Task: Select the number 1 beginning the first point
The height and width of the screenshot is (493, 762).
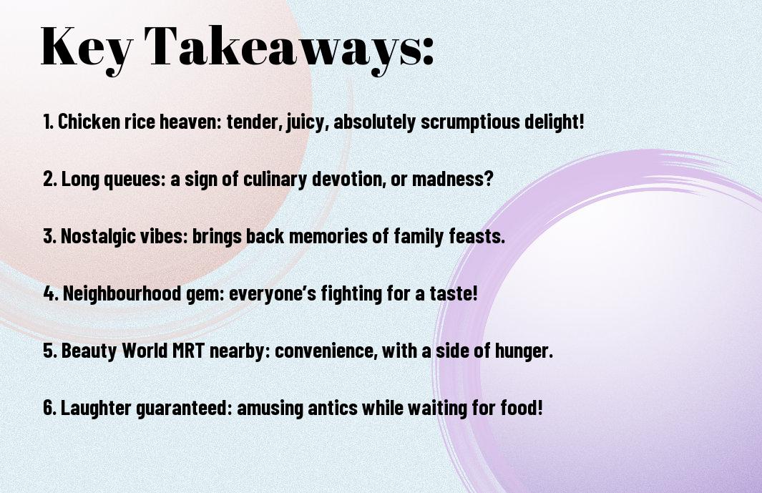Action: point(47,122)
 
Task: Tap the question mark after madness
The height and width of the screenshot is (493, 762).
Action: point(488,179)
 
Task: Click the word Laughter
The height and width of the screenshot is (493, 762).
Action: point(96,408)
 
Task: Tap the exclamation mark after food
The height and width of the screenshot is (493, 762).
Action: point(539,408)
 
